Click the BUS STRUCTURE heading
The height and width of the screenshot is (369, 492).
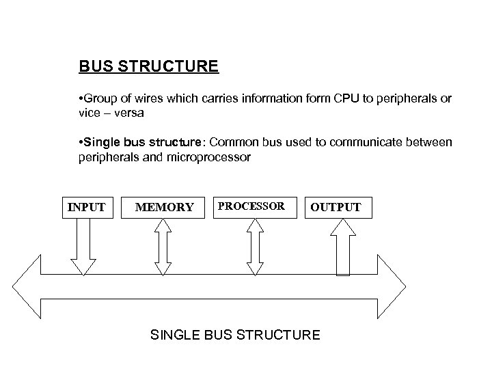click(x=148, y=67)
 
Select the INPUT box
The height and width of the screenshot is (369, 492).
click(x=87, y=207)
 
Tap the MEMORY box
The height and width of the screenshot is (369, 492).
click(x=164, y=207)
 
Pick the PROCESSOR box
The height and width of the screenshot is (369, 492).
click(x=251, y=206)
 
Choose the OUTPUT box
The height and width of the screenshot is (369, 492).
click(x=336, y=207)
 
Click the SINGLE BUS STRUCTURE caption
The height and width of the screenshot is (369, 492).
click(x=234, y=335)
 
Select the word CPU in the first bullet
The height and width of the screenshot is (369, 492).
click(x=346, y=99)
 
